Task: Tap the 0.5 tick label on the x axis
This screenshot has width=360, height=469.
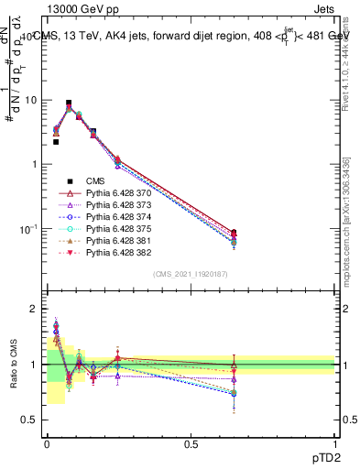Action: click(191, 442)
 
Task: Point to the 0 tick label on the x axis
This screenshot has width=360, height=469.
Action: click(46, 442)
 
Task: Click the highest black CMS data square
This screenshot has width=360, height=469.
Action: click(69, 104)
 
